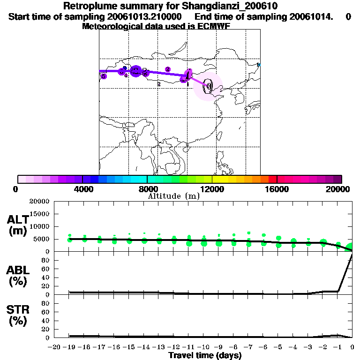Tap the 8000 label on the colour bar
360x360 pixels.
point(147,189)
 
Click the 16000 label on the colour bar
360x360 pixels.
point(277,189)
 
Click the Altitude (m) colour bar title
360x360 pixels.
point(174,196)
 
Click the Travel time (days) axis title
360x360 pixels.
point(205,356)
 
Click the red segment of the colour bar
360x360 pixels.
point(272,179)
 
